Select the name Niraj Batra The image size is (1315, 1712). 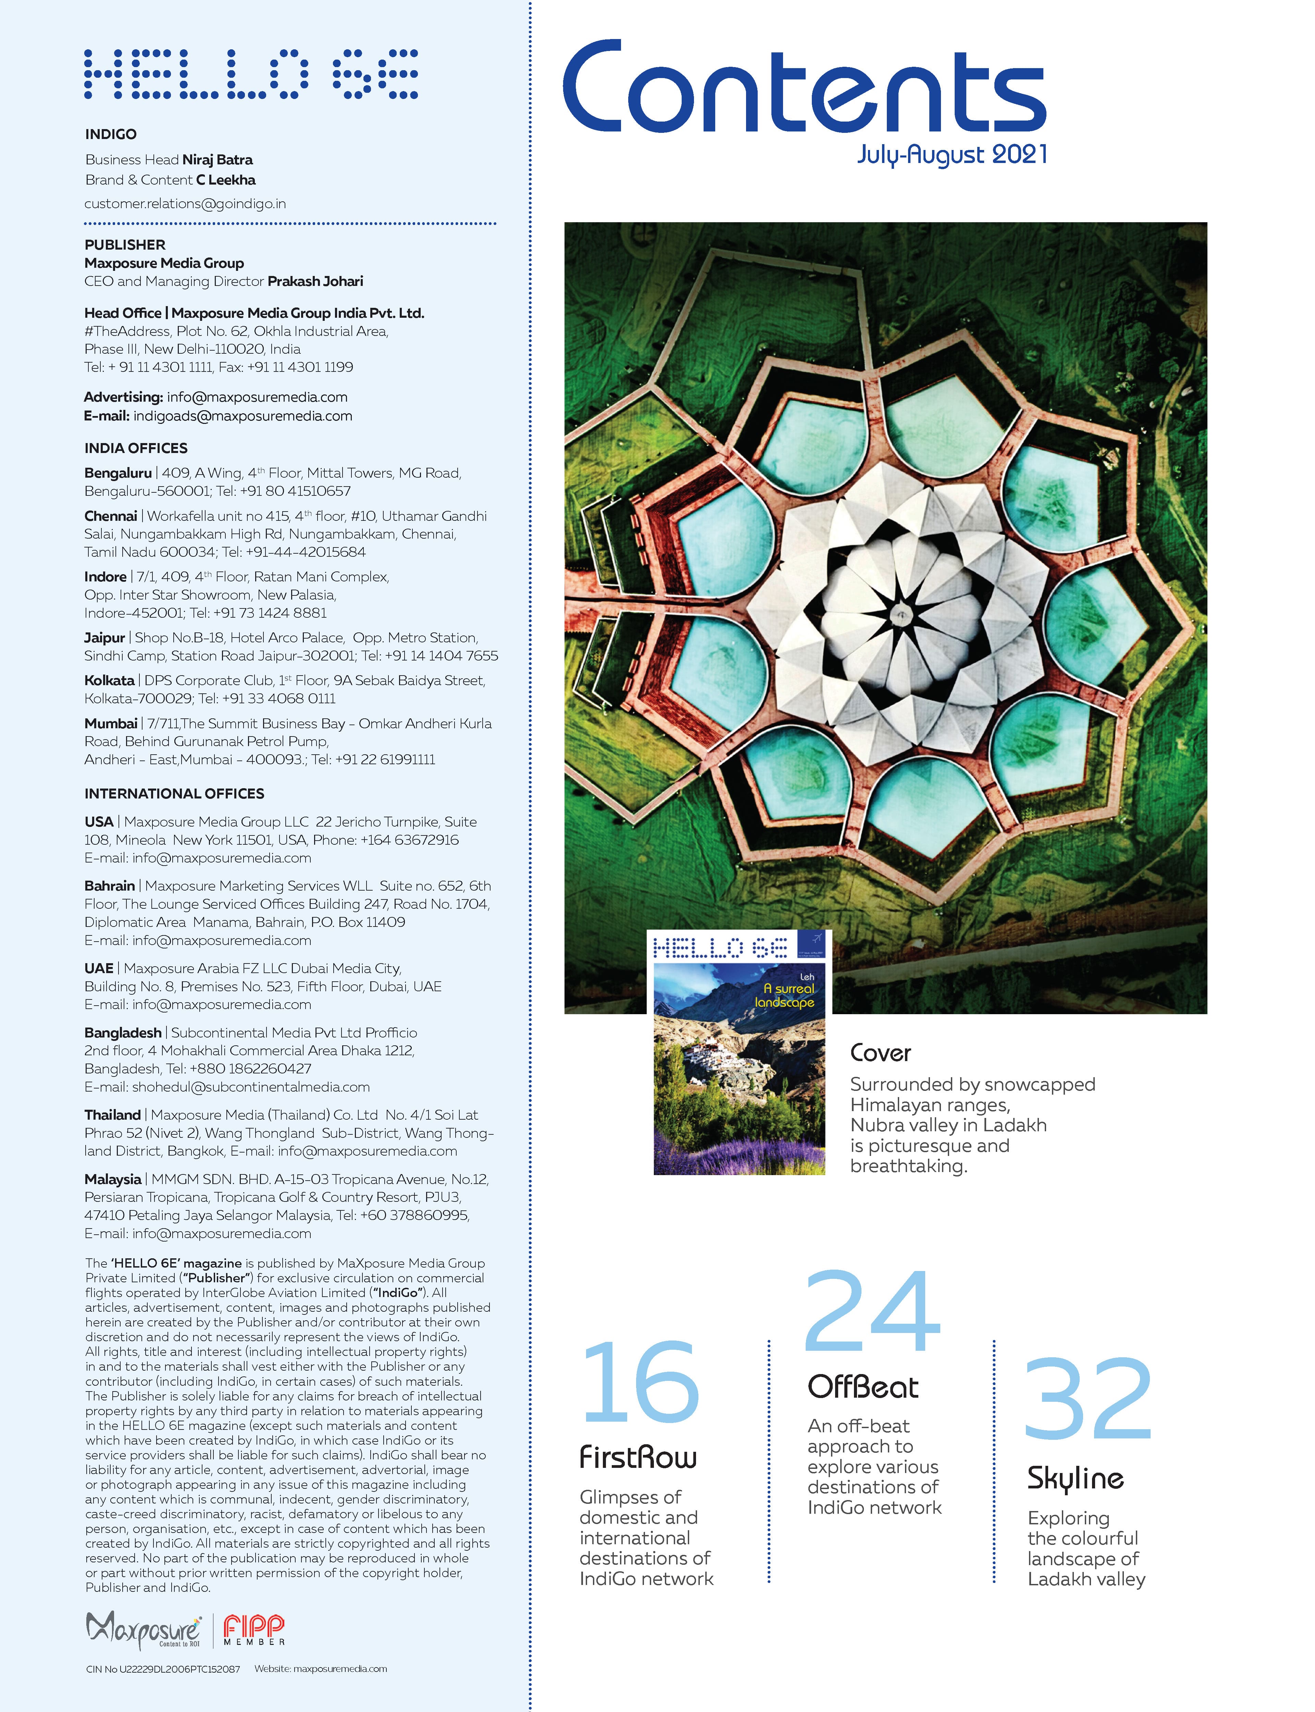(x=218, y=160)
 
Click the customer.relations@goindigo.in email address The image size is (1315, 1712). (x=186, y=203)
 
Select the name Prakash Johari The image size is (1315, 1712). (x=315, y=281)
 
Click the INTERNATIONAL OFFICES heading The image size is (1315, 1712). (x=175, y=793)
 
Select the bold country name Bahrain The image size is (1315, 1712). (x=110, y=886)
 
